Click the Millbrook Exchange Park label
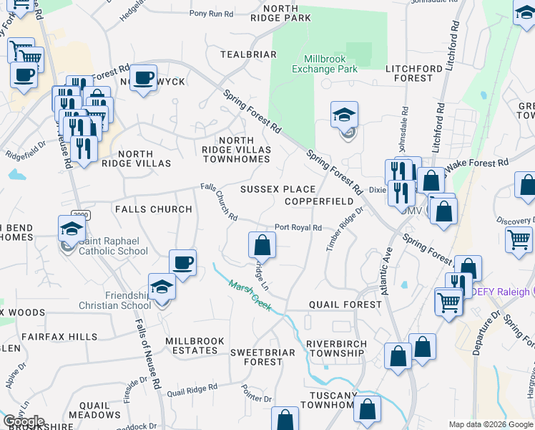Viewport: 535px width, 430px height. point(330,64)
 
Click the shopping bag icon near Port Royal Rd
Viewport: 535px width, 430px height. point(262,245)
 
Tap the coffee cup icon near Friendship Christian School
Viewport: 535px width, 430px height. point(182,262)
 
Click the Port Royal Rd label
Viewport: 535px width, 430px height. point(298,228)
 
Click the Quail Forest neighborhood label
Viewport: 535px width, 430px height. point(345,305)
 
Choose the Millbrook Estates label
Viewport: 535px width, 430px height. point(195,345)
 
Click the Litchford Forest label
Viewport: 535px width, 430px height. point(419,73)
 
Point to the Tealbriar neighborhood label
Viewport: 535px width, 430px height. point(248,54)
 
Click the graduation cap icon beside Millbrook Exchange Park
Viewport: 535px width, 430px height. point(345,115)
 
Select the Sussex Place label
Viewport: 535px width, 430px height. point(278,189)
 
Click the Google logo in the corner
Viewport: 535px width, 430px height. point(24,421)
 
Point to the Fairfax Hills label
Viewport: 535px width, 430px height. point(59,336)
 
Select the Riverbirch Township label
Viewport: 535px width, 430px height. point(336,348)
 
